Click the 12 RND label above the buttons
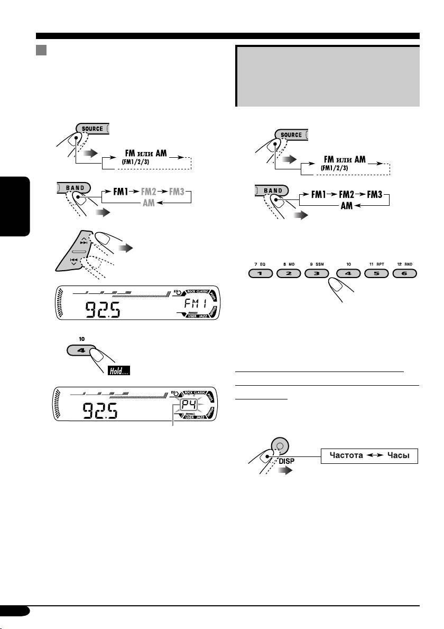(x=403, y=262)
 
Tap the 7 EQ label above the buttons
(x=259, y=262)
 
